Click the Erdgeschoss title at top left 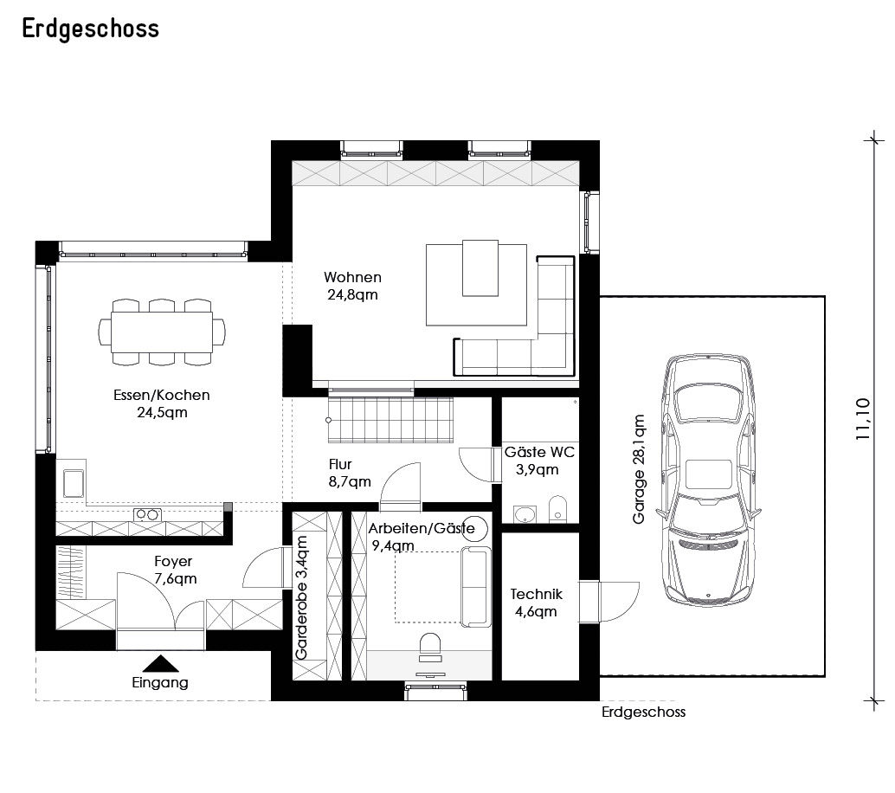(x=90, y=29)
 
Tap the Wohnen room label (x=353, y=278)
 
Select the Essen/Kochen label (x=162, y=395)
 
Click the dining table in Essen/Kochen (x=162, y=332)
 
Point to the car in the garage (x=708, y=479)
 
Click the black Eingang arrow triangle (x=160, y=663)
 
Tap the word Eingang (x=160, y=683)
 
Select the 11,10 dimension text (x=862, y=418)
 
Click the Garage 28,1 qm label (x=639, y=468)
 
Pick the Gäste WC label (x=539, y=452)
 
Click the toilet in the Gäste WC (x=557, y=509)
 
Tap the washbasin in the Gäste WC (x=525, y=514)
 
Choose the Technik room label (x=536, y=595)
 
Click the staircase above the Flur (x=390, y=420)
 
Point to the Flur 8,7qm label (x=350, y=474)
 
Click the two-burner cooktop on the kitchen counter (x=147, y=515)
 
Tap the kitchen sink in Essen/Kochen (x=74, y=483)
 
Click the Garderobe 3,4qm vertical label (x=301, y=597)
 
